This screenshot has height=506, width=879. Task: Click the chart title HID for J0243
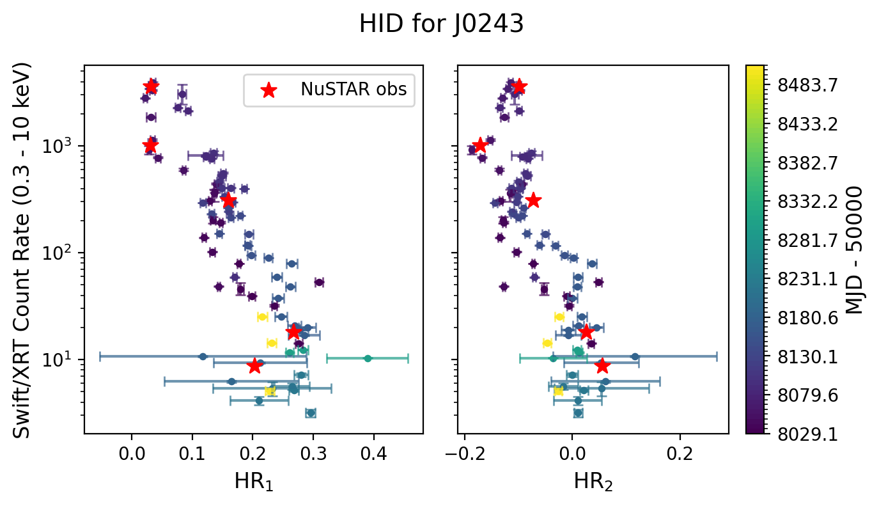[x=441, y=24]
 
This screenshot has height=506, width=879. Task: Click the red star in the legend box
[x=269, y=90]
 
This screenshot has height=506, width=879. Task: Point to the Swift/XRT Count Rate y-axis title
[x=23, y=250]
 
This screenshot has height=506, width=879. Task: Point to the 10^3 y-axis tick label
[x=59, y=146]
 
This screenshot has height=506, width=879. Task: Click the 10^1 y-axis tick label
[x=59, y=360]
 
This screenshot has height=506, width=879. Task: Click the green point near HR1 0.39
[x=368, y=359]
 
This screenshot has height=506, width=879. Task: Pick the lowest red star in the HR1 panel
[x=254, y=366]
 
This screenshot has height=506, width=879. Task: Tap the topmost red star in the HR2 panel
[x=519, y=86]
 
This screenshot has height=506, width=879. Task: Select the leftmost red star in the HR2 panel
[x=479, y=145]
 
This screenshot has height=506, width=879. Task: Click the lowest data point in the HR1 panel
[x=311, y=413]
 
